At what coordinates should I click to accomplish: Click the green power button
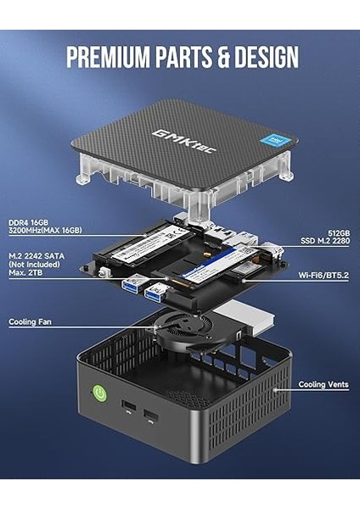pos(98,394)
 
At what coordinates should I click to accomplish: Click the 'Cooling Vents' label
pos(323,384)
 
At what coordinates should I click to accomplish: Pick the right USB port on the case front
pos(149,416)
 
